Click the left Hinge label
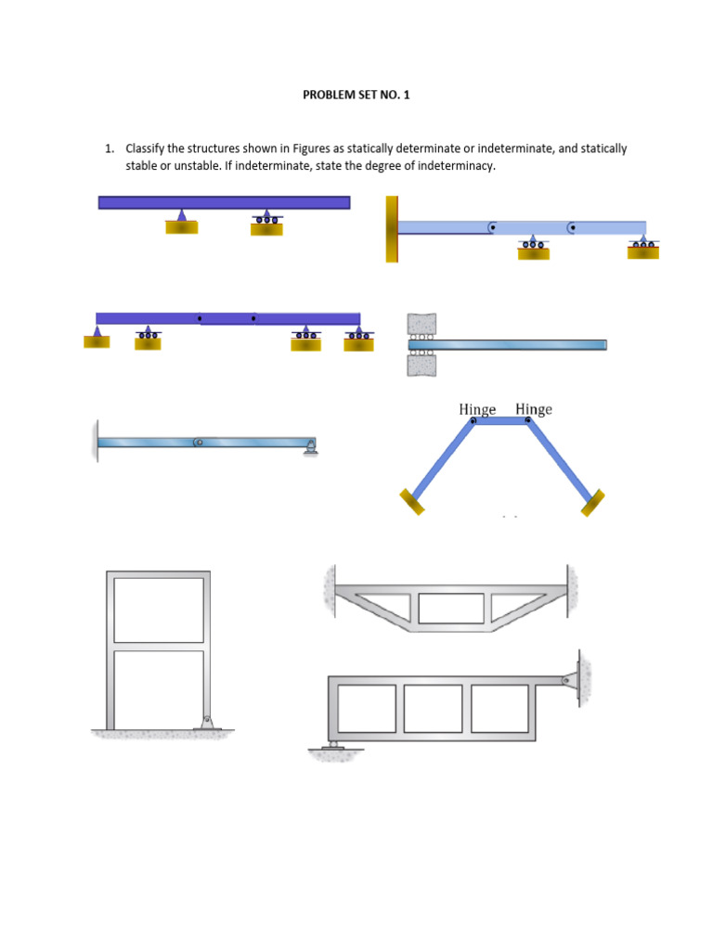pyautogui.click(x=477, y=409)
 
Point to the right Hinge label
pyautogui.click(x=534, y=409)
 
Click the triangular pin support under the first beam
pyautogui.click(x=182, y=217)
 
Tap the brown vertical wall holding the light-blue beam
pyautogui.click(x=392, y=228)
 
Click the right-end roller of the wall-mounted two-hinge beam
pyautogui.click(x=642, y=245)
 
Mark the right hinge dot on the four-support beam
pyautogui.click(x=253, y=318)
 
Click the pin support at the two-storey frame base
pyautogui.click(x=209, y=720)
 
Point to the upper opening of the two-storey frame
pyautogui.click(x=159, y=610)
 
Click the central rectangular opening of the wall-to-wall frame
pyautogui.click(x=451, y=609)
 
